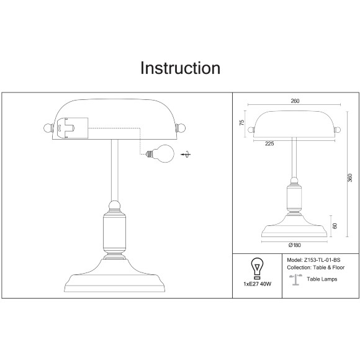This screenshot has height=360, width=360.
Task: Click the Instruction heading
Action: pos(180,68)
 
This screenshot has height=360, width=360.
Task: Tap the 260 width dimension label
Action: pos(295,101)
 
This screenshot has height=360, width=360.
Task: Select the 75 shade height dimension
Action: pos(242,123)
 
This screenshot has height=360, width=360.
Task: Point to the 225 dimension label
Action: pos(269,143)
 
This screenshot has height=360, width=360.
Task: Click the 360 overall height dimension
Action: pos(349,178)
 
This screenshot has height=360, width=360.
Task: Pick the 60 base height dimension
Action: pos(335,226)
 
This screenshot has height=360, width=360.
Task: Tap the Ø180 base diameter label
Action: pos(295,245)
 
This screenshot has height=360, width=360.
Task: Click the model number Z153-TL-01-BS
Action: pos(322,260)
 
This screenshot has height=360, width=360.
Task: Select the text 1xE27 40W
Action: pos(258,284)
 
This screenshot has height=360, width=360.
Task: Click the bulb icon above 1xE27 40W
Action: pos(257,268)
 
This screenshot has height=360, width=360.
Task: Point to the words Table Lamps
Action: pos(322,279)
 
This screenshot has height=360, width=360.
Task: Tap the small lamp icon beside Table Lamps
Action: pos(295,280)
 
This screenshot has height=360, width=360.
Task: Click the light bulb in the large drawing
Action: pos(160,153)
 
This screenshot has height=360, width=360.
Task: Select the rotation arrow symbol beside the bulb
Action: pos(186,155)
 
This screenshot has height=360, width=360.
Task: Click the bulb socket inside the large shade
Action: pos(72,128)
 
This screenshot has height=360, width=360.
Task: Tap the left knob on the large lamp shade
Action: pos(48,128)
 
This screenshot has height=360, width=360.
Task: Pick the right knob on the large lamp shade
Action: pos(181,128)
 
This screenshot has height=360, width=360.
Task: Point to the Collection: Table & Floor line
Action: pos(316,268)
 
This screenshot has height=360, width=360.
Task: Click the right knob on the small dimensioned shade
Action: pos(338,130)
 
